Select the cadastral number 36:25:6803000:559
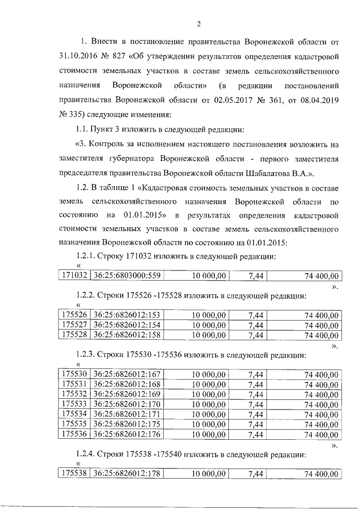point(127,276)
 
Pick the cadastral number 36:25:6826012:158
point(127,336)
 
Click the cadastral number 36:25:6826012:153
point(127,315)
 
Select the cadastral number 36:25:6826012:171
point(127,414)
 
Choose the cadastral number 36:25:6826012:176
point(127,434)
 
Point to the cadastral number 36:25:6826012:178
point(127,474)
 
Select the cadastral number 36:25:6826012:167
point(127,374)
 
